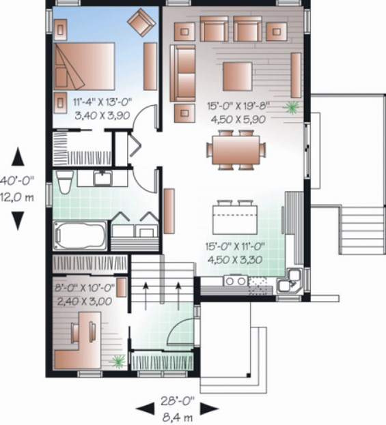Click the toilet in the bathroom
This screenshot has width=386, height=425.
tap(64, 181)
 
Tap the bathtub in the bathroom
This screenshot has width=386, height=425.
tap(81, 235)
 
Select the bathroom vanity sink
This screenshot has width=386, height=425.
tap(102, 178)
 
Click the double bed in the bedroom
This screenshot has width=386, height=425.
tap(84, 66)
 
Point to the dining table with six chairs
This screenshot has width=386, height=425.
tap(236, 150)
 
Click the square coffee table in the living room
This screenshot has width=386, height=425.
tap(237, 76)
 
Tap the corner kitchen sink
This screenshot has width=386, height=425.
tap(290, 282)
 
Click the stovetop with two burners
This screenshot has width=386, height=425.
tap(236, 281)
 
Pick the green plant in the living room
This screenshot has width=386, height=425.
tap(291, 108)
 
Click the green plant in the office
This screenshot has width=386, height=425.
tap(118, 362)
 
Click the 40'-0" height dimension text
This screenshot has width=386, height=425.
tap(17, 181)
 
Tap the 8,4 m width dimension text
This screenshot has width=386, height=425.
tap(178, 417)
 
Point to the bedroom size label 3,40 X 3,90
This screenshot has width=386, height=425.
tap(102, 116)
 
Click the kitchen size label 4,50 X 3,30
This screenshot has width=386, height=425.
tap(235, 260)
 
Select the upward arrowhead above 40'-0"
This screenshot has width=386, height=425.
tap(18, 156)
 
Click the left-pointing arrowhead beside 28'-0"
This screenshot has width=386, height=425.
tap(145, 408)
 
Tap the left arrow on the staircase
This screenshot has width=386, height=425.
tap(146, 296)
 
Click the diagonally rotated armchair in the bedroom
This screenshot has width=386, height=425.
tap(141, 22)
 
